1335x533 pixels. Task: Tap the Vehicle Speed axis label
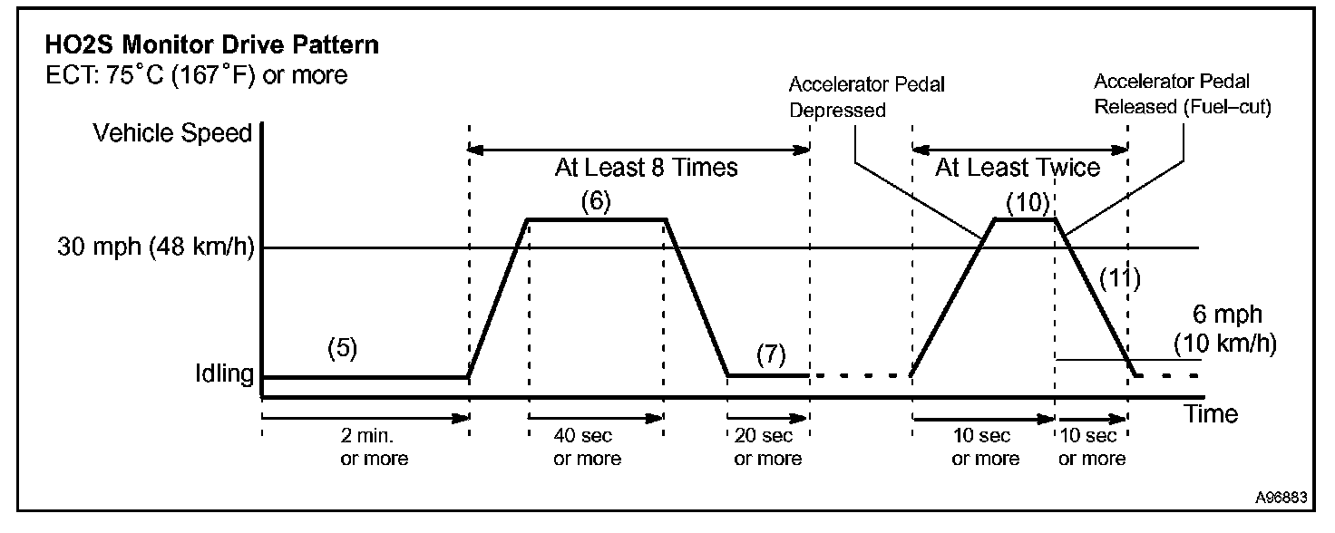pos(172,133)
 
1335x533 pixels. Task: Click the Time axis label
pos(1211,414)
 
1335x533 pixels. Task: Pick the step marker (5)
pos(343,350)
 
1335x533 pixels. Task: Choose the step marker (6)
pos(596,201)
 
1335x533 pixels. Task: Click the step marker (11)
pos(1118,276)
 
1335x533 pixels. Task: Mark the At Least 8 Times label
pos(646,168)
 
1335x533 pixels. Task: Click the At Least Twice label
pos(1018,168)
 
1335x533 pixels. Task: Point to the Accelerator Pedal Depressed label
pos(866,97)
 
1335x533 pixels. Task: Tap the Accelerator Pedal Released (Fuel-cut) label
pos(1184,94)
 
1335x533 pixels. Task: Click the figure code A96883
pos(1281,498)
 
